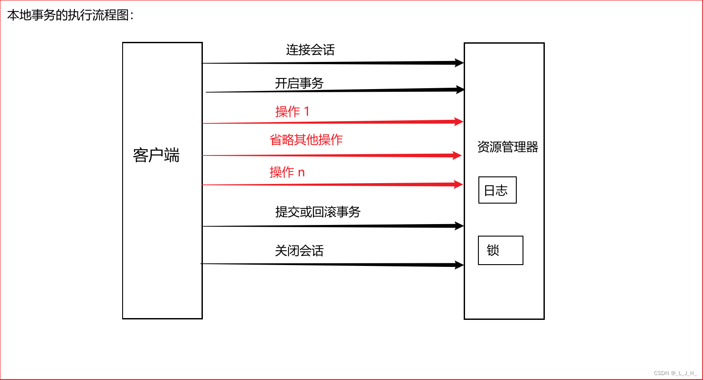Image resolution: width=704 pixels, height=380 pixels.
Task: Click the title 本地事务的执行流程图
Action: click(70, 15)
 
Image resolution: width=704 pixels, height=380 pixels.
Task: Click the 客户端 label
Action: click(156, 155)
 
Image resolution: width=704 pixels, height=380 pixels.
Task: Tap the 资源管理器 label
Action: click(507, 147)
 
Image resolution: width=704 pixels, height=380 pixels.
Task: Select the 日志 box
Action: click(497, 190)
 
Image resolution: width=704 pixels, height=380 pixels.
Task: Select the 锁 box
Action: click(500, 250)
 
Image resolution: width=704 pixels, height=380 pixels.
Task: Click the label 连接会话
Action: click(310, 50)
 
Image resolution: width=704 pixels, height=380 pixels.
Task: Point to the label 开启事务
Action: click(299, 83)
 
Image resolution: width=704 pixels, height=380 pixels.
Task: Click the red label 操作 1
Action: click(292, 111)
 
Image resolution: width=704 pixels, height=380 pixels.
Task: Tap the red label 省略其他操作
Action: click(306, 140)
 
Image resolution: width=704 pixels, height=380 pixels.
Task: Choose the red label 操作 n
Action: click(287, 172)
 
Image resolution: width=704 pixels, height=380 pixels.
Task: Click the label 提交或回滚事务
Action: click(317, 212)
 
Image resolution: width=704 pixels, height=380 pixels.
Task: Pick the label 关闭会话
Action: click(299, 251)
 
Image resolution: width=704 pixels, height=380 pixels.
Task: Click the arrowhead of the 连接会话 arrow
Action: click(459, 63)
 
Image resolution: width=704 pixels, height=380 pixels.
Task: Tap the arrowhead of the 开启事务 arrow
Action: click(460, 90)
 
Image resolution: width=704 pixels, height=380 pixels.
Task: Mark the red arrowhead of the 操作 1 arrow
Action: click(458, 122)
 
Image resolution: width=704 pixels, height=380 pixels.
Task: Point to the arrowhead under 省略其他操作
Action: click(457, 155)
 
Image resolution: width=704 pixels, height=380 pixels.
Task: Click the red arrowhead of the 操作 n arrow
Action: click(458, 184)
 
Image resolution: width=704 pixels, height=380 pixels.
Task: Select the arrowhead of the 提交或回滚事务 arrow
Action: click(459, 226)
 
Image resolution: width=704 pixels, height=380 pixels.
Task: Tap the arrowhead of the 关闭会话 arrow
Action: click(459, 265)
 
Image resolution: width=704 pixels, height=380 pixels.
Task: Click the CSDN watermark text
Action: click(675, 373)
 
